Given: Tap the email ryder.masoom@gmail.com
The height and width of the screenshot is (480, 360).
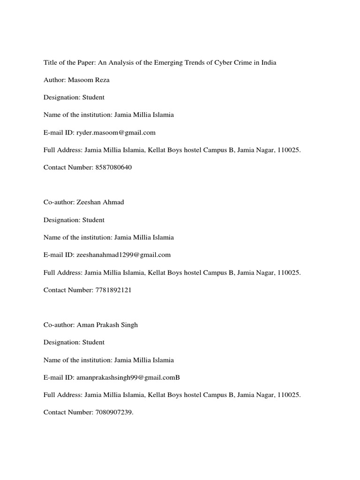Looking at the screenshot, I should [x=116, y=133].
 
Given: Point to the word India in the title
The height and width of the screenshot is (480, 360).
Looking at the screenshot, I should [x=268, y=62].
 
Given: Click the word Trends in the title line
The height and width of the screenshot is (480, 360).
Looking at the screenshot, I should [x=194, y=62].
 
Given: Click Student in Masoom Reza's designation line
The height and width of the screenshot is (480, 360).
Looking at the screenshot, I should [x=94, y=97].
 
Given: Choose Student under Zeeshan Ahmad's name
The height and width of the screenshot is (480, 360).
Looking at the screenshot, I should [x=94, y=220].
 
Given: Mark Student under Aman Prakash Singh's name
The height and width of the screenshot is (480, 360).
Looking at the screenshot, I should [x=94, y=342].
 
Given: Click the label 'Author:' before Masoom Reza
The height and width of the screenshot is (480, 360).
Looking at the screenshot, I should [x=54, y=80].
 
